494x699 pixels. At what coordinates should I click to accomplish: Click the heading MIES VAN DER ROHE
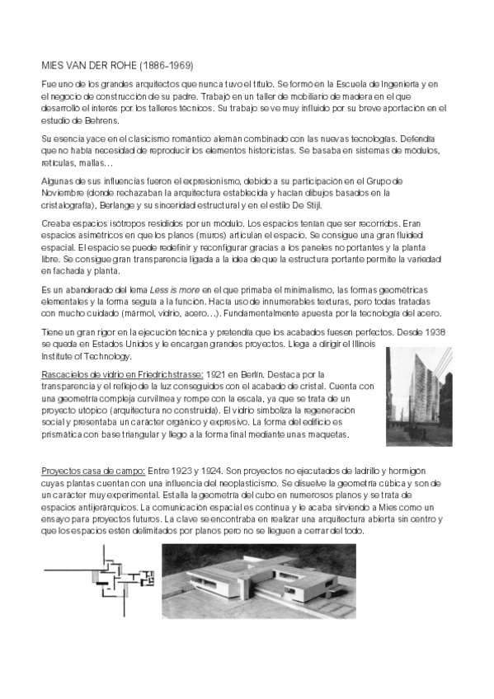coord(90,64)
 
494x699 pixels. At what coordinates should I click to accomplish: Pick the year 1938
coord(431,332)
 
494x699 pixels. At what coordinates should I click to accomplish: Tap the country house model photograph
coord(258,580)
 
